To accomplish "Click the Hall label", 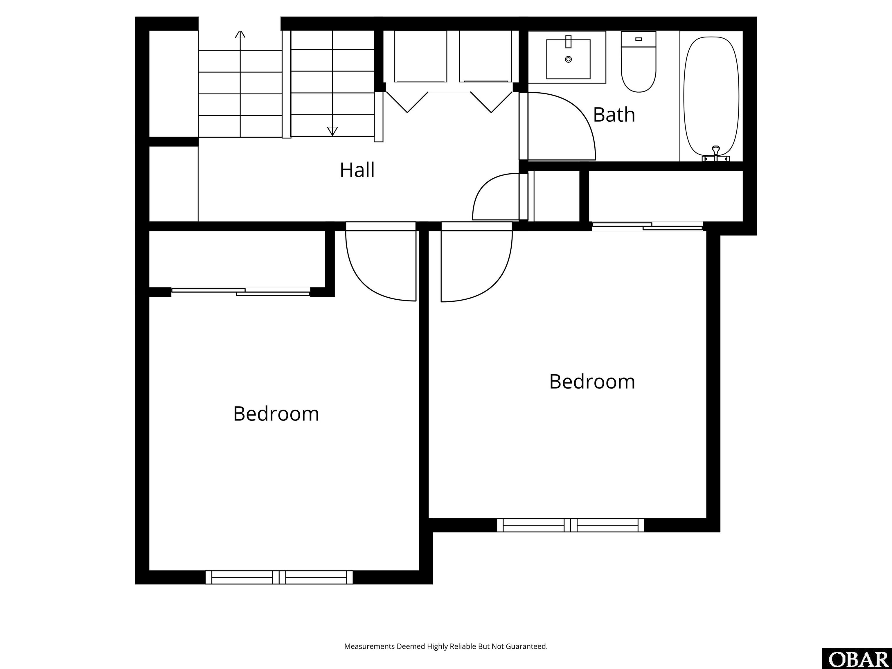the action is [357, 170].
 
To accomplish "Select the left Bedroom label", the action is [276, 414].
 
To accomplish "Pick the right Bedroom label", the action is [592, 382].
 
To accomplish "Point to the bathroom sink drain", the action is [569, 59].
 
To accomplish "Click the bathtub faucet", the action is [716, 154].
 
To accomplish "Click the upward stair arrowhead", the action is [240, 34].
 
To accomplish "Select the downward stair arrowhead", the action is [332, 131].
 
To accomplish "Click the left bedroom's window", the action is [279, 577].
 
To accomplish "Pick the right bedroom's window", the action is [571, 525].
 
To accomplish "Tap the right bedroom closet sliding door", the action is [647, 226].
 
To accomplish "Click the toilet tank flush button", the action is [638, 39].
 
